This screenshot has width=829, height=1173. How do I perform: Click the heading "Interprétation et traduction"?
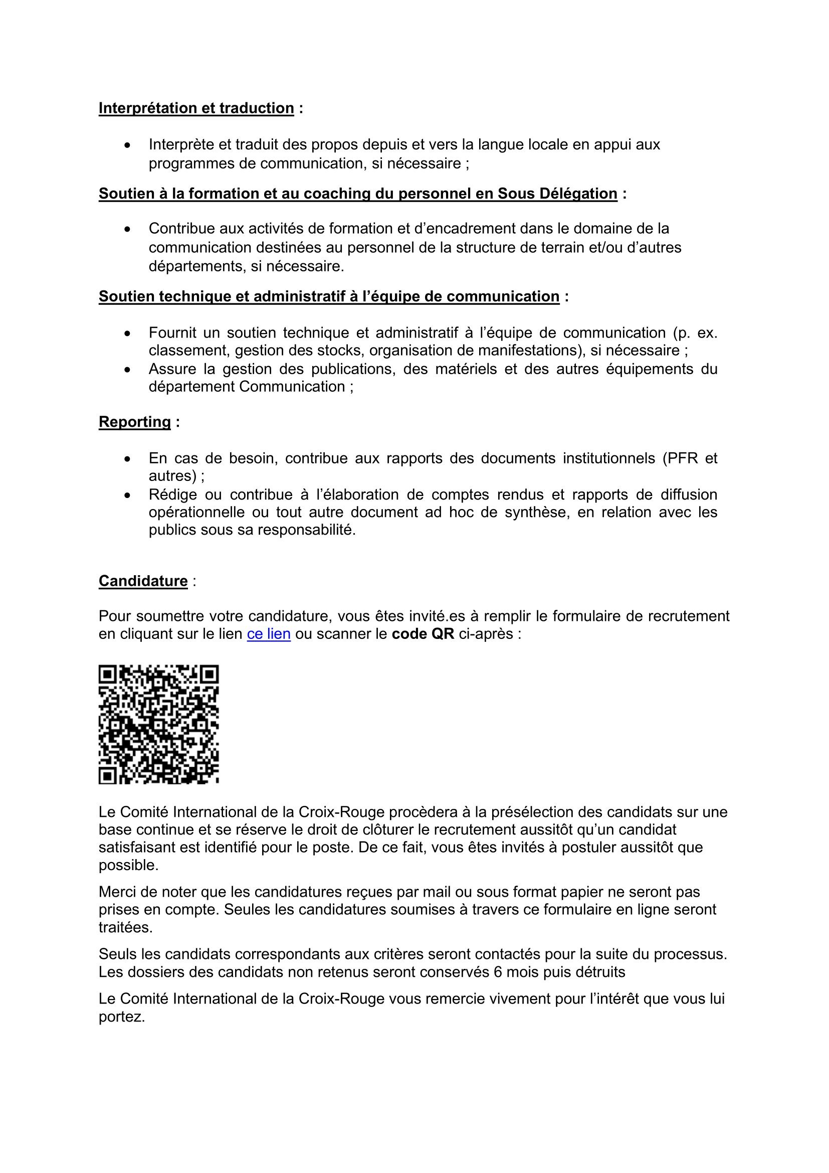coord(196,108)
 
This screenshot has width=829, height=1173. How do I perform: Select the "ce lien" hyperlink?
coord(269,634)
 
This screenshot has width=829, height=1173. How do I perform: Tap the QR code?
coord(159,725)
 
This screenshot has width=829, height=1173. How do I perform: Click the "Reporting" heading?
coord(135,422)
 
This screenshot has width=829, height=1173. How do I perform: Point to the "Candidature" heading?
coord(143,581)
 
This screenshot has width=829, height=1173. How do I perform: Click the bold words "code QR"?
coord(423,634)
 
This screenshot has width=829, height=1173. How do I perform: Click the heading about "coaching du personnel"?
coord(357,194)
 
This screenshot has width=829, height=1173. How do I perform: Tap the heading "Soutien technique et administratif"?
coord(329,297)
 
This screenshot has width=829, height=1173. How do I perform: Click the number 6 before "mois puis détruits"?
coord(498,972)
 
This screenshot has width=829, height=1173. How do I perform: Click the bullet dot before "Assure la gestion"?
coord(128,370)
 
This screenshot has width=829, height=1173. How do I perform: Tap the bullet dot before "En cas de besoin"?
coord(128,459)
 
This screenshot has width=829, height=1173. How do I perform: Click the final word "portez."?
coord(122,1017)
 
